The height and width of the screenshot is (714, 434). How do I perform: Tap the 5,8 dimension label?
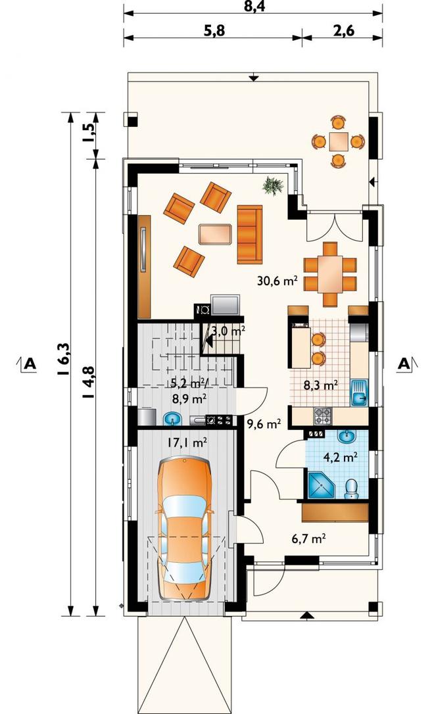[212, 30]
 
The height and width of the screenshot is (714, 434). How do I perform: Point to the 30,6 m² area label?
[277, 281]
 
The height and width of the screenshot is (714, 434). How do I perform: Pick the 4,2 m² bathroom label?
[340, 457]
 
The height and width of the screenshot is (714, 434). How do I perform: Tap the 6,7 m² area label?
[308, 539]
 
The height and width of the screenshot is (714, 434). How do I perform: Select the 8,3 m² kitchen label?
[321, 386]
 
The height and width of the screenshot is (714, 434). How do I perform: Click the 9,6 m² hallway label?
[263, 425]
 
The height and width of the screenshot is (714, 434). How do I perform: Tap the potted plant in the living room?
[273, 185]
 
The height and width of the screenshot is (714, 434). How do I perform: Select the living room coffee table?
[216, 233]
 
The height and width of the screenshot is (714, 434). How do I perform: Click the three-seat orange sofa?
[250, 234]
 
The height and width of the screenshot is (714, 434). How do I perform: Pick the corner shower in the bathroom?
[321, 487]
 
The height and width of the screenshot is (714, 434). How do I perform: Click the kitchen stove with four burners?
[322, 415]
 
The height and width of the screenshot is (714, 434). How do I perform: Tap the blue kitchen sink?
[359, 393]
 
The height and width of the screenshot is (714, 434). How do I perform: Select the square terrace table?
[337, 141]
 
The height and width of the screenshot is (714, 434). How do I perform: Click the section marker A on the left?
[28, 364]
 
